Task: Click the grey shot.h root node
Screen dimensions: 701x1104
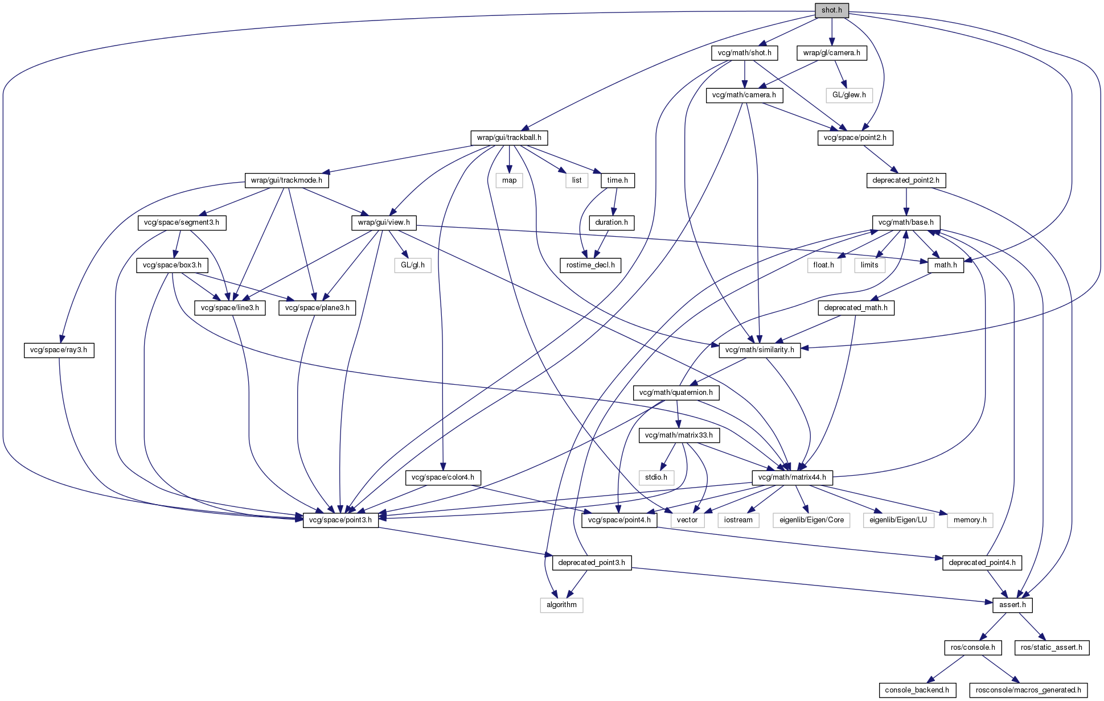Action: coord(831,10)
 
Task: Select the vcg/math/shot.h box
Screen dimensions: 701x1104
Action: coord(744,53)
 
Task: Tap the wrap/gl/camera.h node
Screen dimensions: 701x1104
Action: coord(831,53)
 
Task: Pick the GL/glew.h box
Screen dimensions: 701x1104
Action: coord(849,95)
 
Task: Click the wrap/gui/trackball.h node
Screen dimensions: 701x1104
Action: coord(509,138)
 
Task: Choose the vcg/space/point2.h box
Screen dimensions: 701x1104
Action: coord(855,138)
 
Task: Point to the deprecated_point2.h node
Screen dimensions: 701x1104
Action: coord(906,180)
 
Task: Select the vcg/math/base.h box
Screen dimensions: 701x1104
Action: coord(906,222)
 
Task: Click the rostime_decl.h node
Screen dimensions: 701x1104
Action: coord(590,265)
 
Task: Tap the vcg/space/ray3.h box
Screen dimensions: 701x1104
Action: coord(59,350)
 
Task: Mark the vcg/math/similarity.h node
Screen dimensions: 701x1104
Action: coord(760,350)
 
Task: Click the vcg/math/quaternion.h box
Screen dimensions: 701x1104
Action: coord(676,393)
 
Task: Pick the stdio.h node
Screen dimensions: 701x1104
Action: coord(656,477)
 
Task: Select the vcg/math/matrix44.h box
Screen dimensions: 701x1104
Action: coord(792,477)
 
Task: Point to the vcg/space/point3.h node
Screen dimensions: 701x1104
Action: coord(340,520)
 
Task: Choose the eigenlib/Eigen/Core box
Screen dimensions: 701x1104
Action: coord(811,520)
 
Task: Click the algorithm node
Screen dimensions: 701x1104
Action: coord(561,605)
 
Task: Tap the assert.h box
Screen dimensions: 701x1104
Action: coord(1012,605)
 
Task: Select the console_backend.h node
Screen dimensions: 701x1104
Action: coord(917,690)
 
